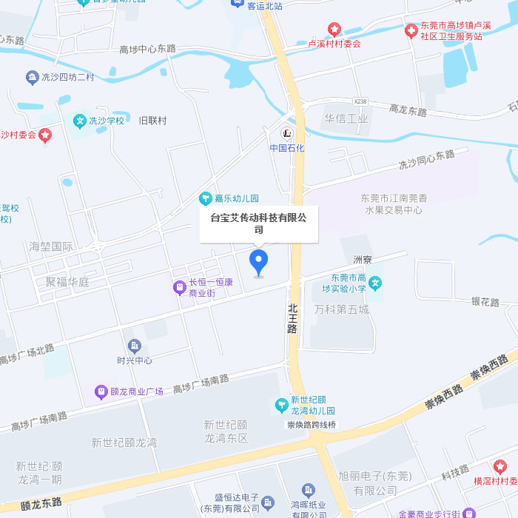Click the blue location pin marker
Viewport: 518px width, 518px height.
(258, 262)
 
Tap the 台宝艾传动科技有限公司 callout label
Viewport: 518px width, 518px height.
(258, 223)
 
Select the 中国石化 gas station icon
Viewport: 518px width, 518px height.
(287, 133)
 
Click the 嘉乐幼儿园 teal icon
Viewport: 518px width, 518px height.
(206, 198)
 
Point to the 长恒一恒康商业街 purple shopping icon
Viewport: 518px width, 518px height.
(179, 287)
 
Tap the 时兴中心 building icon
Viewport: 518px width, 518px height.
(134, 346)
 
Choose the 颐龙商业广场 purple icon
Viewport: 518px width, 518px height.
(100, 391)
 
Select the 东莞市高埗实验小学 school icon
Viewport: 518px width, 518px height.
(376, 282)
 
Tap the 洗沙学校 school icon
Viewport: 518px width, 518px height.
(79, 121)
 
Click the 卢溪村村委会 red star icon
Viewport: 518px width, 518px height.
(334, 30)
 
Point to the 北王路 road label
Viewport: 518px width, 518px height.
(293, 317)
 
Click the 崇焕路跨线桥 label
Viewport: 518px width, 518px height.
(312, 425)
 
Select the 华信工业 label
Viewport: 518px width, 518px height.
(346, 118)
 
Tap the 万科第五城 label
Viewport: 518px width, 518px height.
(341, 309)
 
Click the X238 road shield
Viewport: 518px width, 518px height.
(360, 101)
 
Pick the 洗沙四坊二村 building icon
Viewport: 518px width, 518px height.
(32, 76)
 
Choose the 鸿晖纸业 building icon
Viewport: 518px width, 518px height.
(309, 490)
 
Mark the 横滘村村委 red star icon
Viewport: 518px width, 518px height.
(500, 466)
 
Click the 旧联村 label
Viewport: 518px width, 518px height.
(153, 121)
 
